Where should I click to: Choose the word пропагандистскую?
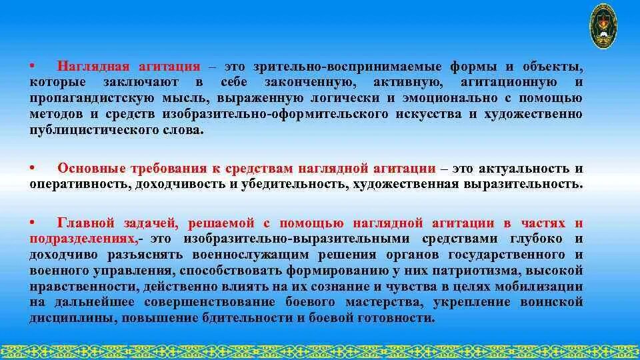click(x=85, y=99)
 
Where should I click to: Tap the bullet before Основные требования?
click(x=32, y=169)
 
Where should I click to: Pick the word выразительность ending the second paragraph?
click(x=529, y=185)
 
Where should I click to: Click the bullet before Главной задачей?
click(x=32, y=223)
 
